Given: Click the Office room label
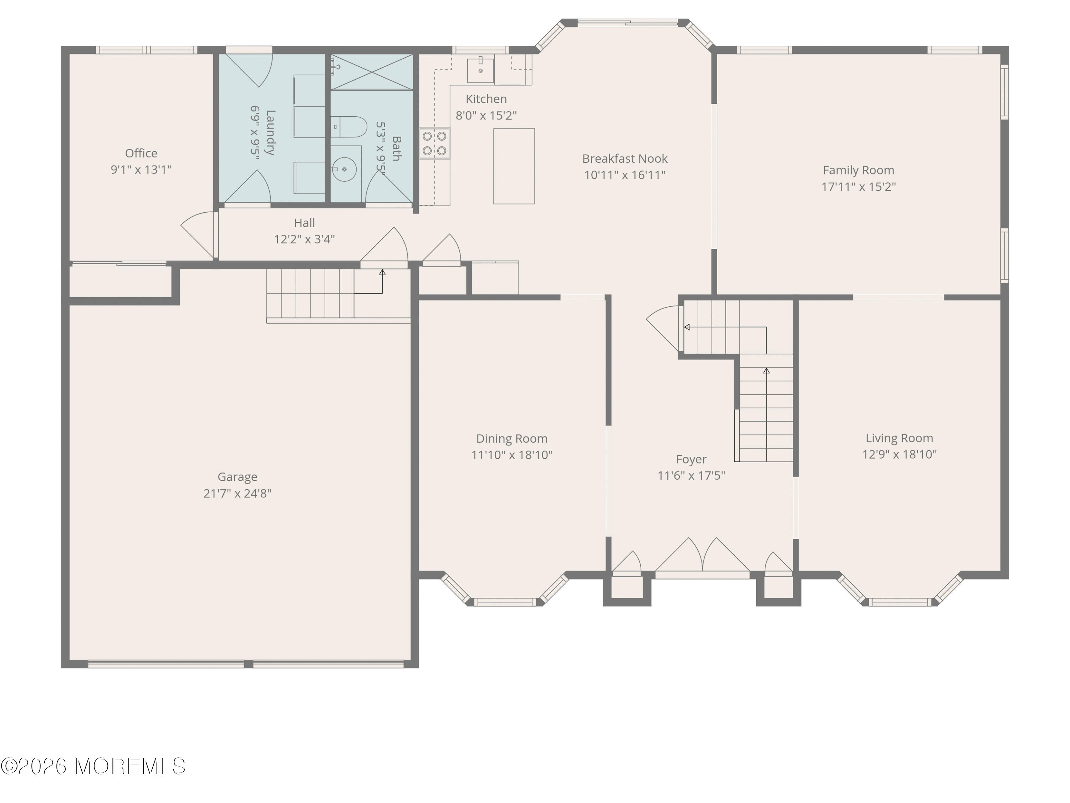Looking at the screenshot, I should click(141, 153).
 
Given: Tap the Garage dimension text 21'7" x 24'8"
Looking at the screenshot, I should click(237, 493).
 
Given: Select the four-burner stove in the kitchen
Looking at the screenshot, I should click(434, 143).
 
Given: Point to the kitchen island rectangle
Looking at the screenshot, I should click(514, 166).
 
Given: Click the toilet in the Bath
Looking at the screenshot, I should click(349, 127).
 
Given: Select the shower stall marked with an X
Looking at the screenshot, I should click(372, 72).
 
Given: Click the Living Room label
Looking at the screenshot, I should click(899, 438).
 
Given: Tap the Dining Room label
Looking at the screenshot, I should click(511, 439).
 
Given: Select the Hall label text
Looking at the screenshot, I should click(304, 223).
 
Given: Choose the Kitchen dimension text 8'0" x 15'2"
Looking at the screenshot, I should click(486, 115).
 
